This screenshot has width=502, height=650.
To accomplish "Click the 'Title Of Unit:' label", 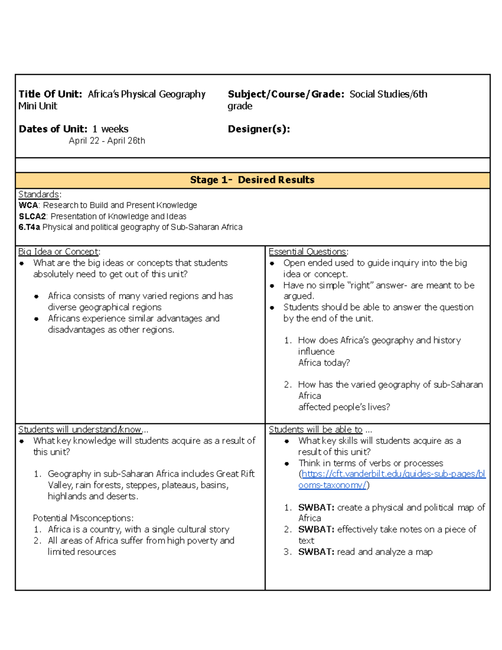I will [50, 94].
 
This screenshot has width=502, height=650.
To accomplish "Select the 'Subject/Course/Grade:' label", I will [286, 94].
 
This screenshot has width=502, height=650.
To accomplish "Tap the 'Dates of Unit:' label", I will [53, 129].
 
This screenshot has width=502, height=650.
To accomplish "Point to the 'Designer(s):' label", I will [259, 129].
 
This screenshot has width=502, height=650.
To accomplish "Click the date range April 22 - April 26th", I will [107, 141].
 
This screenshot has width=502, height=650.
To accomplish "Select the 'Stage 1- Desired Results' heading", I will [252, 180].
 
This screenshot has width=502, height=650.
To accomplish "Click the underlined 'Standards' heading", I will [39, 194].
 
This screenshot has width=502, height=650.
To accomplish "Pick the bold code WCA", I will [28, 205].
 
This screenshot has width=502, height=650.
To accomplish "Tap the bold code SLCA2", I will [32, 216].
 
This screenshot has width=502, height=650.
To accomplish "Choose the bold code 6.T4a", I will [29, 227].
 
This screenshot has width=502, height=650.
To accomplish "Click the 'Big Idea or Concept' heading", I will [59, 252].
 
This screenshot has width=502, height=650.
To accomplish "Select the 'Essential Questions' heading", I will [307, 252].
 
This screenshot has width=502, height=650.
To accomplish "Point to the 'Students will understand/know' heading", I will [80, 429].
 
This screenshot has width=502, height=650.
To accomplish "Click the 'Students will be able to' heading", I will [315, 429].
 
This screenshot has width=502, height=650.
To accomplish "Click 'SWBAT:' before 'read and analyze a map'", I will [316, 552].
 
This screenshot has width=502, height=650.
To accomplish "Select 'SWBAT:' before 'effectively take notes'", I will [316, 529].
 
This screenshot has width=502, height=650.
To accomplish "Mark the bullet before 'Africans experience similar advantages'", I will [37, 319].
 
